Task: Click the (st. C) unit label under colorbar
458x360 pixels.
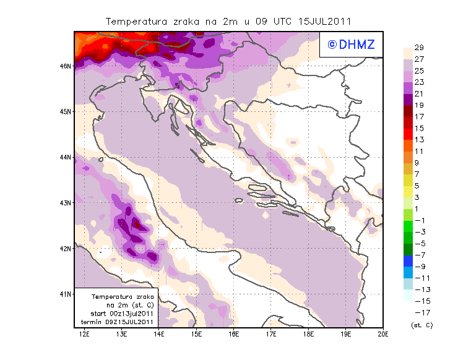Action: pyautogui.click(x=421, y=325)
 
